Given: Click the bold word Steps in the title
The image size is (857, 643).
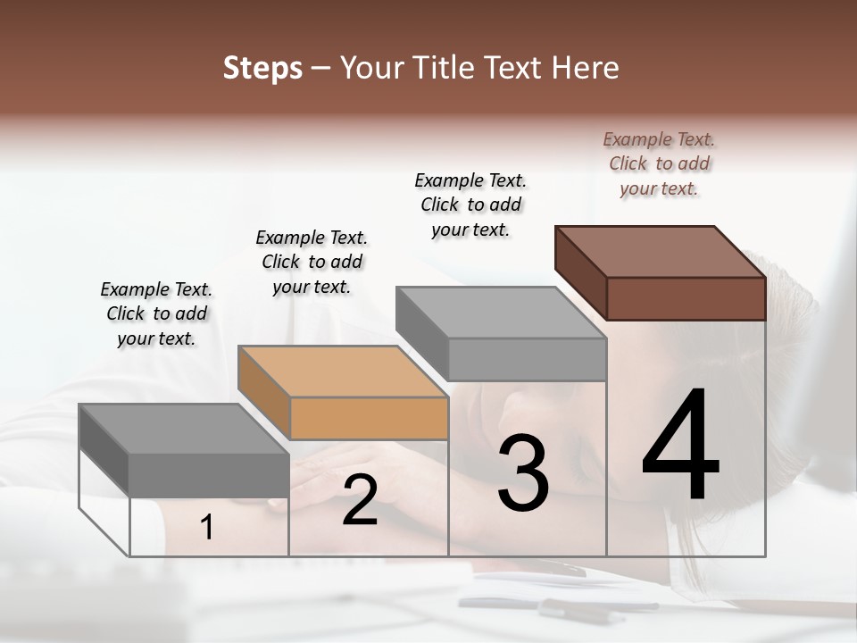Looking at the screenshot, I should tap(262, 68).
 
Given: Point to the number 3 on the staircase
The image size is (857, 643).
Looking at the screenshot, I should tap(522, 473).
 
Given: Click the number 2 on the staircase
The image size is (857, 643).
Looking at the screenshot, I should tap(360, 500).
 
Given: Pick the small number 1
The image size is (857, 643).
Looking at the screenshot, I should tap(207, 528).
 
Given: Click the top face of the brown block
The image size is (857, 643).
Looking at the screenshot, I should tap(661, 251).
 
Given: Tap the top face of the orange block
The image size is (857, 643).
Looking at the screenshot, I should tap(343, 371).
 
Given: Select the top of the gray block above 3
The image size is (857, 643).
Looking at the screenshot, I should tap(501, 313).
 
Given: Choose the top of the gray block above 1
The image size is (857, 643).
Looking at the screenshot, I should tap(184, 429).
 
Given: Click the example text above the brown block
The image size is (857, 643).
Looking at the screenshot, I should tap(659, 163).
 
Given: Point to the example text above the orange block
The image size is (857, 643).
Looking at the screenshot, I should tap(312, 262).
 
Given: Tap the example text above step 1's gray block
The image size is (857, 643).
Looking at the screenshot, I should tap(156, 313).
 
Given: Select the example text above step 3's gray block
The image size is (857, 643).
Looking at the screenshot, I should tap(470, 205).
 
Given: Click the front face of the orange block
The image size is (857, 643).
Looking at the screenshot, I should tap(369, 418).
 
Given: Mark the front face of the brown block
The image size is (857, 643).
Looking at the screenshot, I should tap(686, 298).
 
